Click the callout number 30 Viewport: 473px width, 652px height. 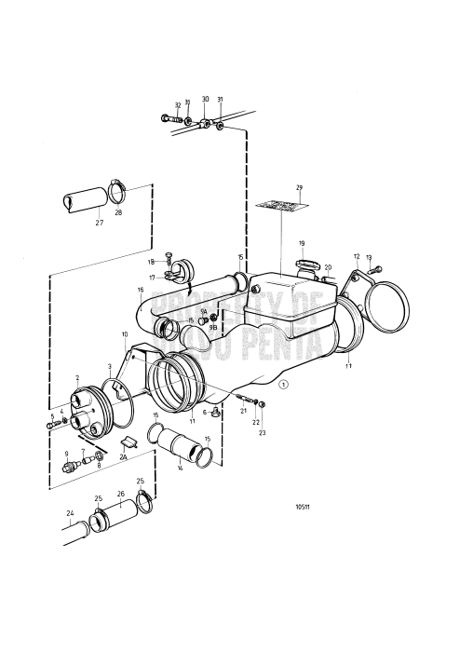click(205, 99)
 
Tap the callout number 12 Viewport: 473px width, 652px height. click(356, 255)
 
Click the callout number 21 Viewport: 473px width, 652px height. click(243, 411)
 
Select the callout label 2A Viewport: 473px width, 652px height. click(124, 457)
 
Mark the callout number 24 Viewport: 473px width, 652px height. click(68, 512)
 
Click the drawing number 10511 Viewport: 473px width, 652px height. click(302, 508)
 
